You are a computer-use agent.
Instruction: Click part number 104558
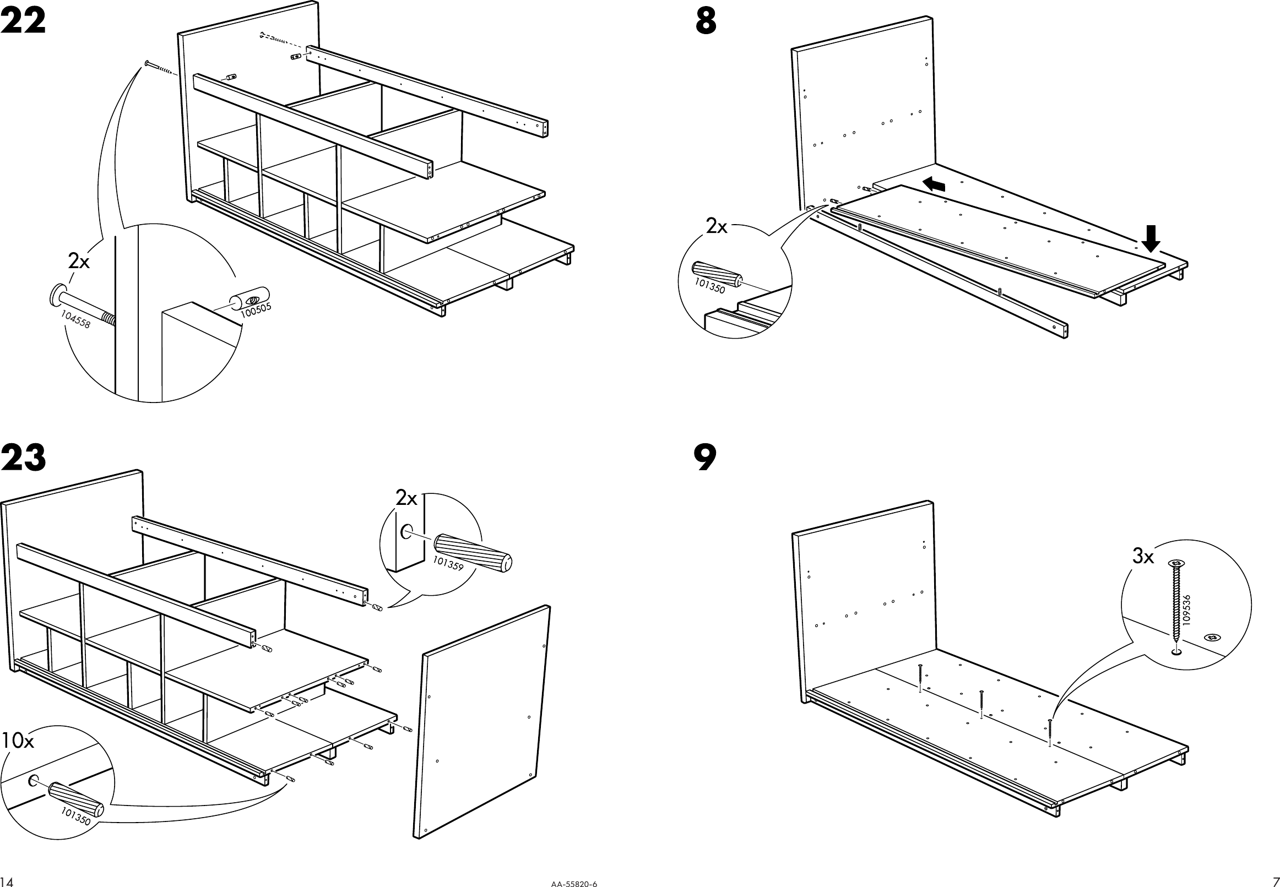[x=75, y=319]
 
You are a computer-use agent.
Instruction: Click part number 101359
[x=448, y=564]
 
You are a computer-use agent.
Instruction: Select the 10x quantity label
[x=18, y=741]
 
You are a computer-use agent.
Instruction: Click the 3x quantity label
[x=1143, y=556]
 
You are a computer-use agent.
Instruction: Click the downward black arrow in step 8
[x=1151, y=238]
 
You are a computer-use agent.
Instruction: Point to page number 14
[x=7, y=881]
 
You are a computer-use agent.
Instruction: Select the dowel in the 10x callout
[x=76, y=799]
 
